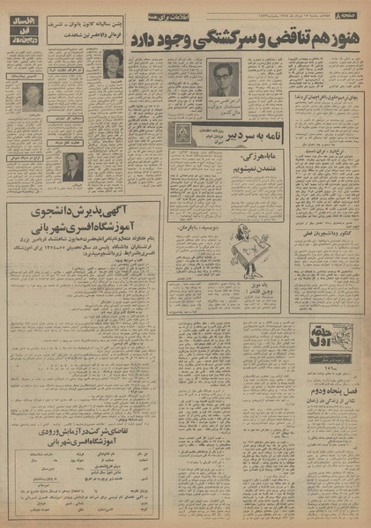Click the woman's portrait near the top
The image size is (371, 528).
click(x=113, y=64)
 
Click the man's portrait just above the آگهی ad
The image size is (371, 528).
click(x=71, y=167)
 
